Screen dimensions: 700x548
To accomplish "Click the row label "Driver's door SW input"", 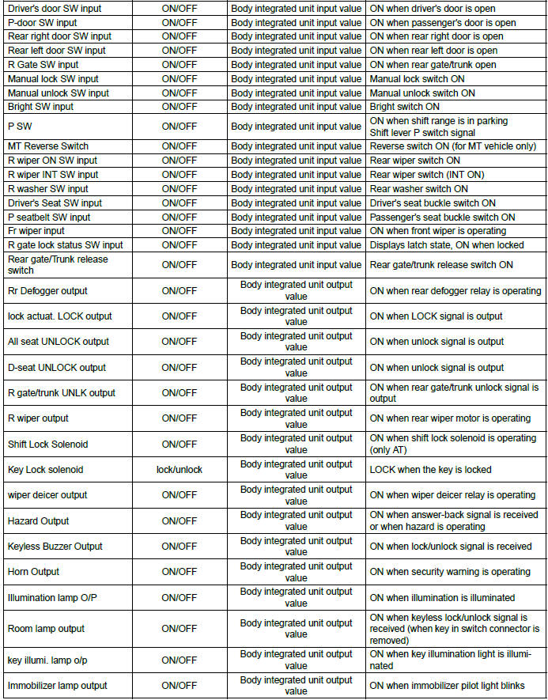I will pos(54,9).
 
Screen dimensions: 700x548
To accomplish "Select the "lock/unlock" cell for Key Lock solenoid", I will pos(180,470).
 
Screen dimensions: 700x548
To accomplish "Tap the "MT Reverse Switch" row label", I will pos(48,146).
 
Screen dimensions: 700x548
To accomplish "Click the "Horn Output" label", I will pos(34,572).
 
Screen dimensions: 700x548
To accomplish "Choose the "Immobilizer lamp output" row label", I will pos(58,686).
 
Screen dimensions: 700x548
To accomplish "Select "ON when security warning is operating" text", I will pos(450,572).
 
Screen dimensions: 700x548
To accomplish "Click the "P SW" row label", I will pos(20,127).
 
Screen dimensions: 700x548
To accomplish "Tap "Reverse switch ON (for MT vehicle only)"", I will pos(453,146).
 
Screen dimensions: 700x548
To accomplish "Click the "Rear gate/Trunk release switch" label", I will pos(58,265).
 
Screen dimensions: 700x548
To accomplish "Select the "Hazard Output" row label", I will pos(38,521).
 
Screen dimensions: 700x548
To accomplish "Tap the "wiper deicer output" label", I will pos(47,495).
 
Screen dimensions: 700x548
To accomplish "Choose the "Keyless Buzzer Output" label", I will pos(55,547).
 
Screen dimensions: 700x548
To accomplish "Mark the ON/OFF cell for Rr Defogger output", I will pos(180,291).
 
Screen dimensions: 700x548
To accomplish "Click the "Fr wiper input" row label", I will pos(36,231).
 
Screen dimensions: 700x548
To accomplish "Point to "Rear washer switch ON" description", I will pos(419,189).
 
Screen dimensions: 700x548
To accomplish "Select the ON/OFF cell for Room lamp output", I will pos(180,629).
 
